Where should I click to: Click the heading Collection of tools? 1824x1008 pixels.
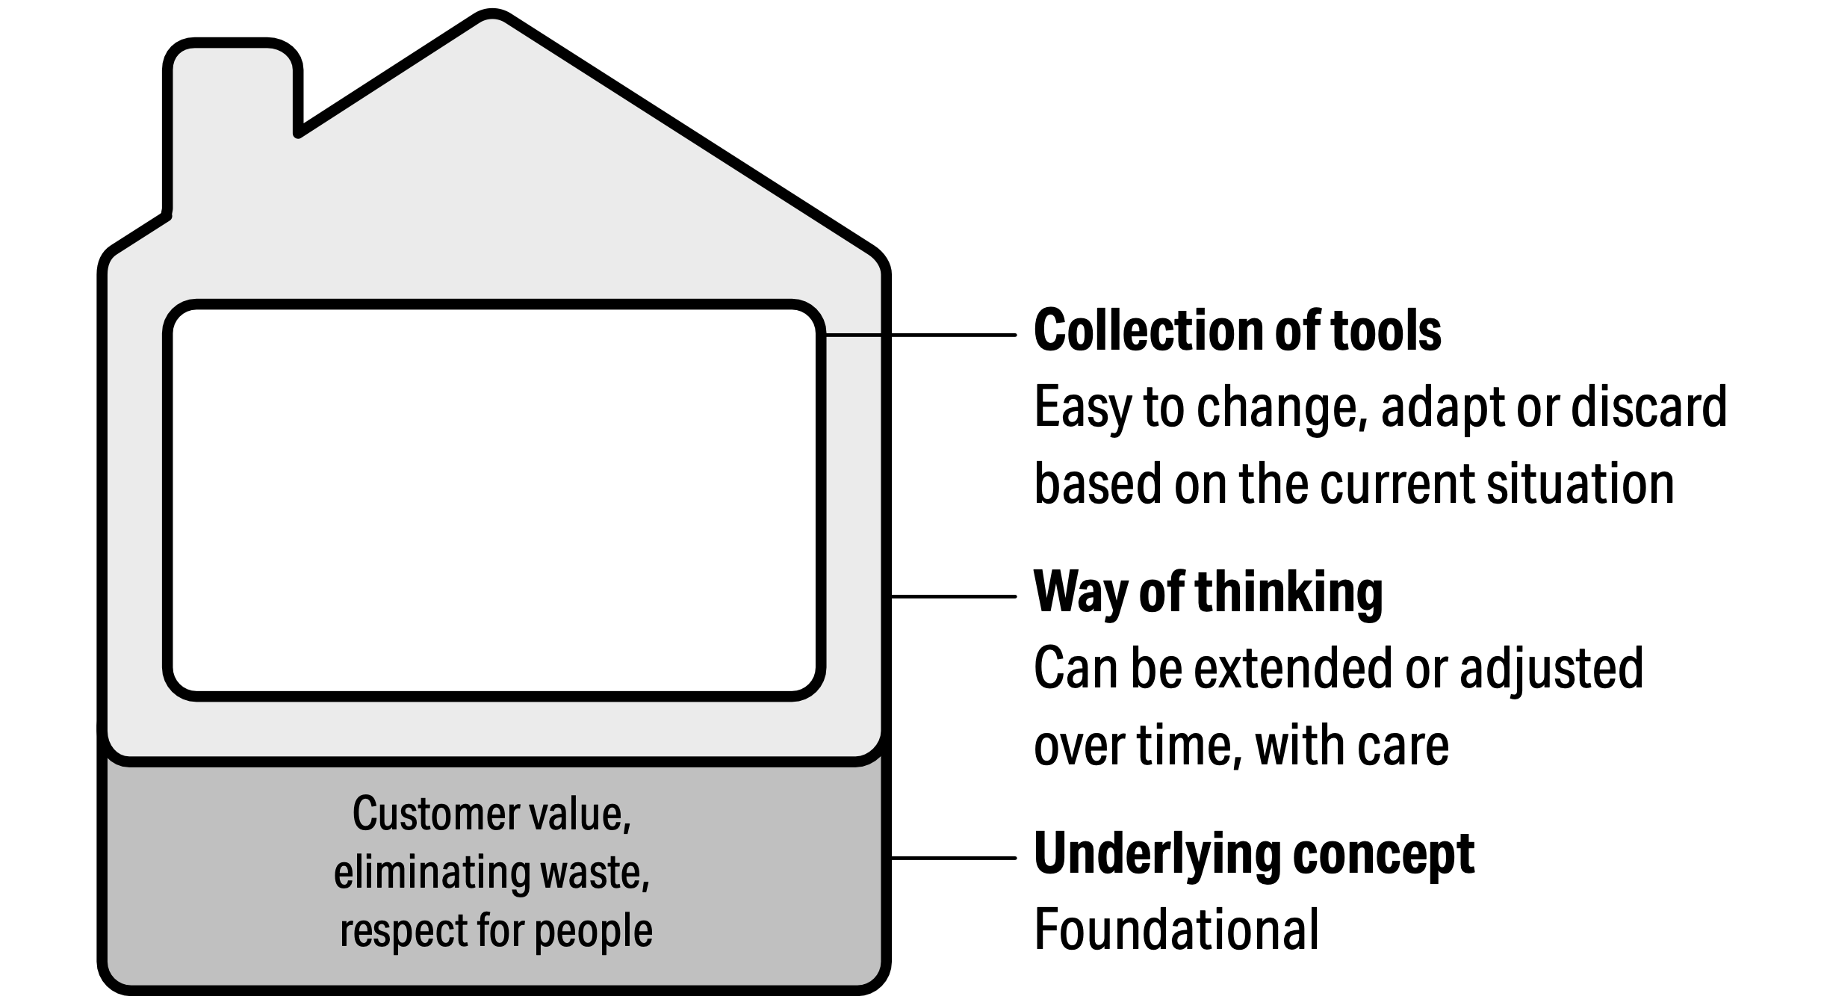[x=1237, y=331]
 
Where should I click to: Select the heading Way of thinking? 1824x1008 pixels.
[x=1208, y=593]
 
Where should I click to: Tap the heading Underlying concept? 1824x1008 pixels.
[x=1253, y=853]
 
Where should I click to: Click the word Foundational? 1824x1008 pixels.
[x=1176, y=930]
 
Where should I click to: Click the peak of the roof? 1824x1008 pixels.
[x=492, y=18]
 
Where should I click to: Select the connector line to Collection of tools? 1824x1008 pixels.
[x=920, y=336]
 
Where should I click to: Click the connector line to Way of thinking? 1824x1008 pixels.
[x=953, y=596]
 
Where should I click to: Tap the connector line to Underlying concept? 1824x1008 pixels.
[x=953, y=858]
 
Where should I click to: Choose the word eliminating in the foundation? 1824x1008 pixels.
[x=431, y=872]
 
